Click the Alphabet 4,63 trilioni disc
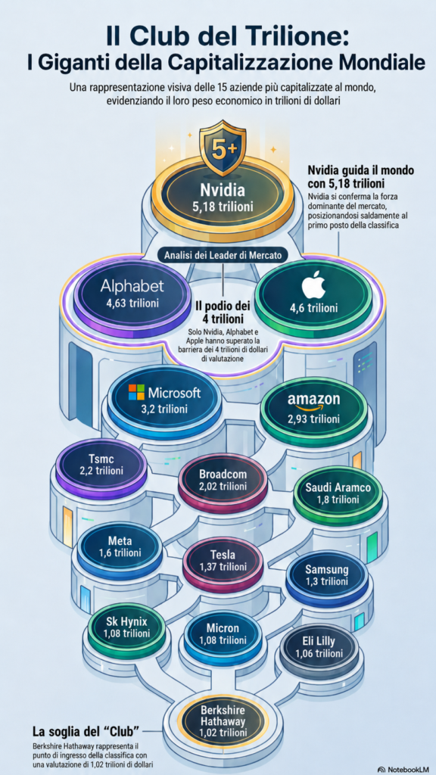pyautogui.click(x=132, y=294)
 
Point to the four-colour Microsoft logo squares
pyautogui.click(x=137, y=393)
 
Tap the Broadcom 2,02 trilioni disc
pyautogui.click(x=223, y=481)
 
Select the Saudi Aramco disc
pyautogui.click(x=338, y=495)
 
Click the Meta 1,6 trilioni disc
pyautogui.click(x=120, y=548)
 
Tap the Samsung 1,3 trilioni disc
pyautogui.click(x=327, y=576)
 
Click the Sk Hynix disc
pyautogui.click(x=126, y=629)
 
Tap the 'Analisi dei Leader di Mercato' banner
pyautogui.click(x=223, y=257)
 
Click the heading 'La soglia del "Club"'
pyautogui.click(x=85, y=730)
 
